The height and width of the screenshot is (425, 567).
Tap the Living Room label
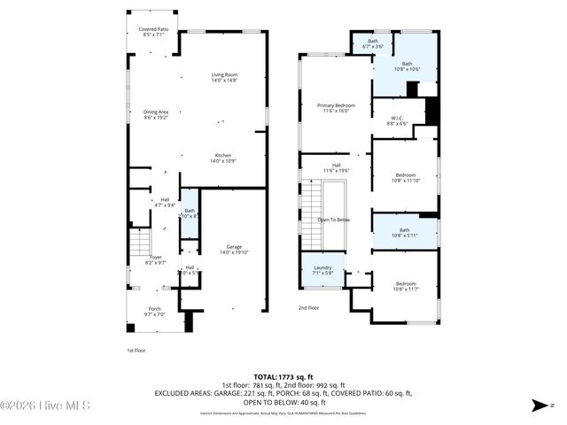tap(225, 77)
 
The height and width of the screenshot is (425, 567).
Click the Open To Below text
tap(334, 220)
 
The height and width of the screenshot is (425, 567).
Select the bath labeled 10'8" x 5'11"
tap(404, 232)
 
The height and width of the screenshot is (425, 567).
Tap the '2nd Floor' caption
tap(308, 308)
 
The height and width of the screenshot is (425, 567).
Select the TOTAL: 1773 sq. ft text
tap(283, 376)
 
